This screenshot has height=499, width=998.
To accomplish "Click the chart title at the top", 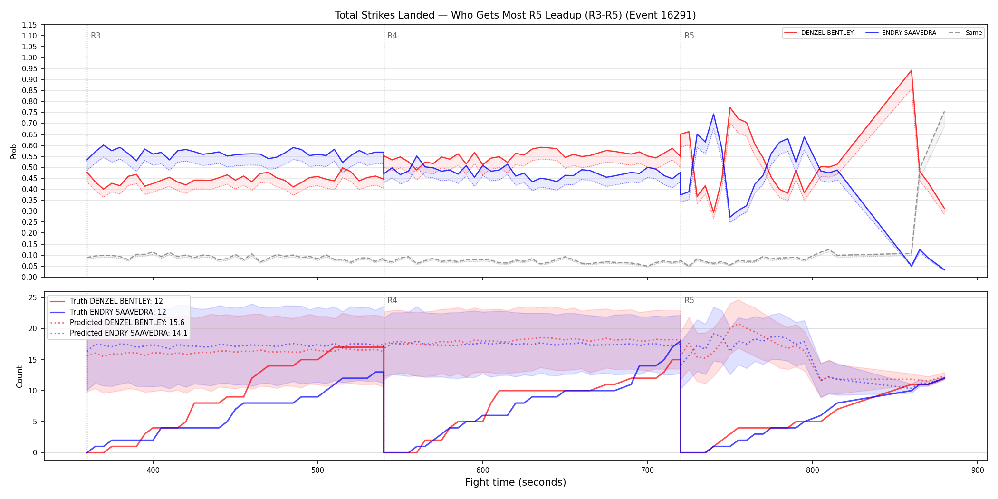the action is [x=515, y=15].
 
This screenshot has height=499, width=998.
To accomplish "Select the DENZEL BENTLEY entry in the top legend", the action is [x=819, y=33].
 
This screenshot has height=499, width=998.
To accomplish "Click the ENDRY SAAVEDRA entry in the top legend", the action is [x=901, y=33].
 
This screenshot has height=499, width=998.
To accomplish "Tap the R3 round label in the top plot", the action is [x=96, y=36].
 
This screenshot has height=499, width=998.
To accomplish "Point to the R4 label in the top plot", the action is [x=392, y=36].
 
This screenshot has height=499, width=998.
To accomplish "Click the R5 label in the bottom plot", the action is [x=689, y=300].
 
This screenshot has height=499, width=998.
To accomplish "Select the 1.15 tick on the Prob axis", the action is [x=29, y=25].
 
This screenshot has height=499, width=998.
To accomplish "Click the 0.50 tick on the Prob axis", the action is [x=29, y=167].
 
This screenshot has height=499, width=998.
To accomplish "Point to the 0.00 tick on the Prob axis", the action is [x=29, y=277].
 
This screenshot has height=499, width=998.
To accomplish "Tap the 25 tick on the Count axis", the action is [x=33, y=297].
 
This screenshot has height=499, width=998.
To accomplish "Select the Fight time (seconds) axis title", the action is [x=516, y=482].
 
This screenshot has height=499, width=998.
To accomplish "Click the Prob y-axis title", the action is [x=14, y=151].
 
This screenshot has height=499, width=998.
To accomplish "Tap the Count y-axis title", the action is [x=19, y=376].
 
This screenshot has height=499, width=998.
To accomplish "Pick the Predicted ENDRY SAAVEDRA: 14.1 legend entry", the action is [x=119, y=333].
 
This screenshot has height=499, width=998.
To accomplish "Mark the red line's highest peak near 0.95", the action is [x=911, y=70].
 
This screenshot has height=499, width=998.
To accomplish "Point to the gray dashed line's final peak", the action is [x=944, y=111].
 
